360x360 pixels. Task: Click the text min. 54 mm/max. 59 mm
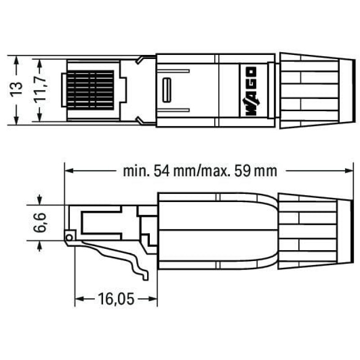[x=200, y=171]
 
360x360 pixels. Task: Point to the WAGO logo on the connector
[x=251, y=90]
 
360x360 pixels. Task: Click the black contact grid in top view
[x=90, y=90]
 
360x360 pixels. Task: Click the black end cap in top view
[x=346, y=90]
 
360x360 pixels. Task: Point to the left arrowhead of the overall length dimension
[x=68, y=171]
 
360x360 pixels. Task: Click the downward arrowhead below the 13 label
[x=17, y=120]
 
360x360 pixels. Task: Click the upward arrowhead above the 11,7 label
[x=40, y=62]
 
